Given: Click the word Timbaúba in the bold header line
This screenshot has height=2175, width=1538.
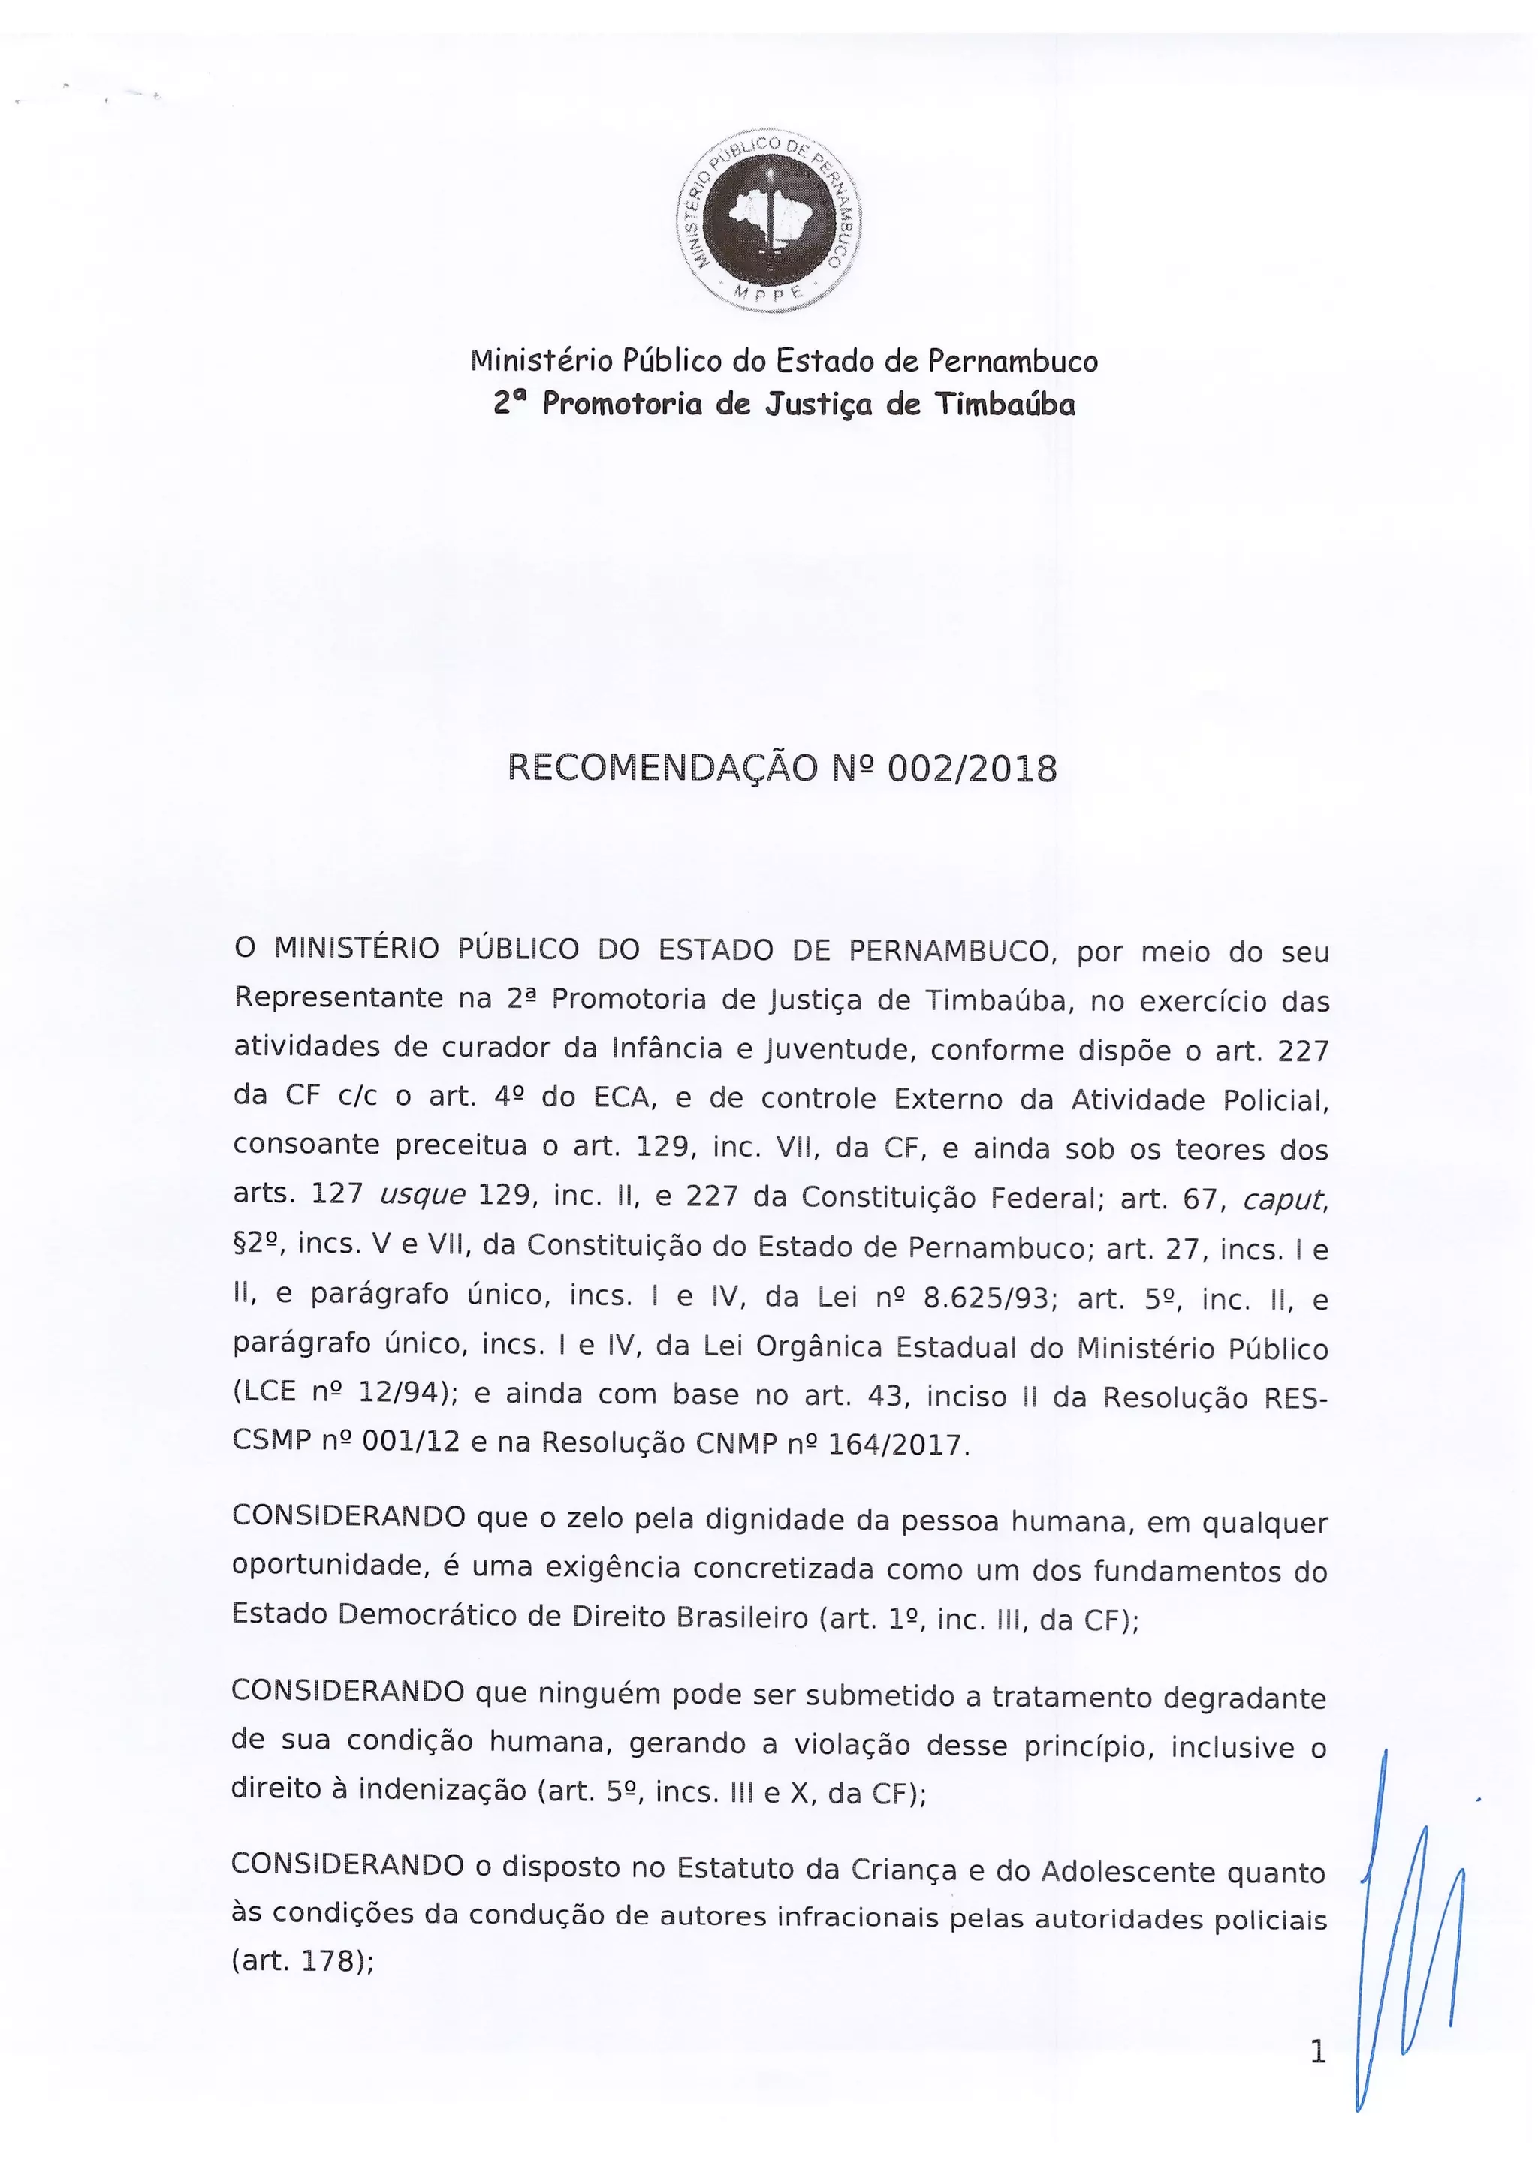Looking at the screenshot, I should click(x=1006, y=405).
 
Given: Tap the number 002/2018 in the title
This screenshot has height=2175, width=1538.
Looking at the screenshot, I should click(x=973, y=769).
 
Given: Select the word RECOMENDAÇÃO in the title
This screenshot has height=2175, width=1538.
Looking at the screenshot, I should click(x=662, y=769).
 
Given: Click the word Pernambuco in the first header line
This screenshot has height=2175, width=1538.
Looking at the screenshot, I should click(x=1012, y=361).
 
